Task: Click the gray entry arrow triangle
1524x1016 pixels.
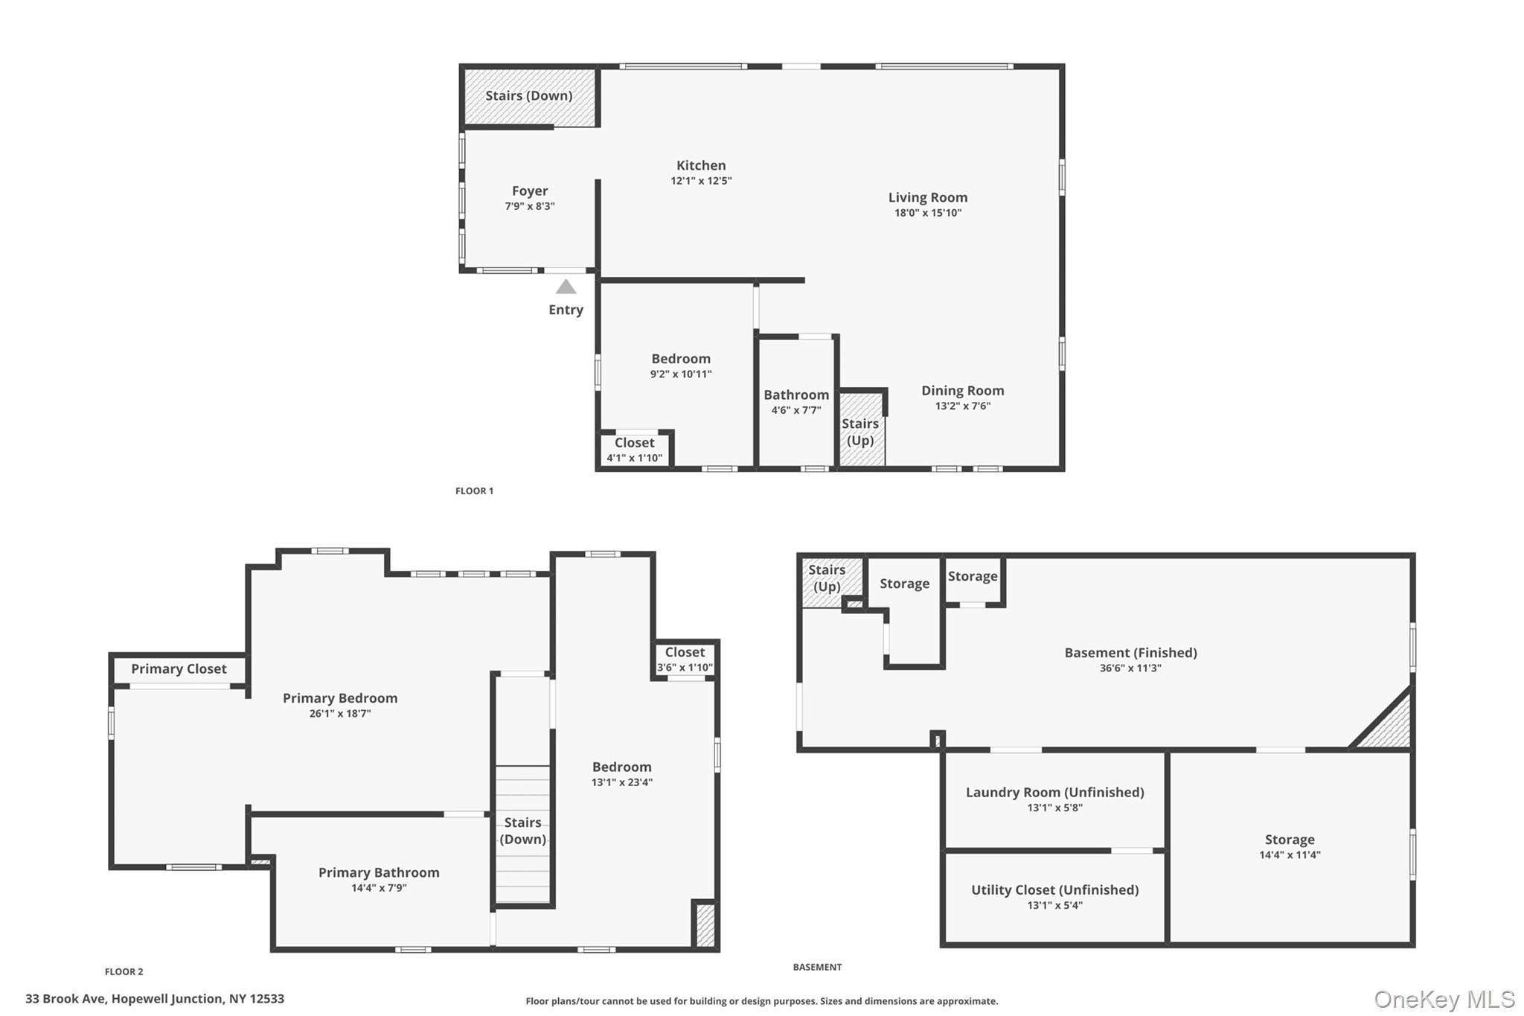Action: point(566,287)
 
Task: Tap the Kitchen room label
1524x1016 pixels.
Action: point(701,166)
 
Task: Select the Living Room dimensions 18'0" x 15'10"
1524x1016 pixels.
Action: point(928,213)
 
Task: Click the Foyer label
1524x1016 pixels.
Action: point(529,191)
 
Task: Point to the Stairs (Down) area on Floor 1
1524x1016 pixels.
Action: point(529,96)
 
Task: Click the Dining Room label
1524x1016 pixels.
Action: point(962,391)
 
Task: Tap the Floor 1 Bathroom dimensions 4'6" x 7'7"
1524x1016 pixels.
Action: point(795,410)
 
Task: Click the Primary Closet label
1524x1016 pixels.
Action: point(179,669)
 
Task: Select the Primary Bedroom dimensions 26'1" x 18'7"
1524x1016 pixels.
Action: point(339,713)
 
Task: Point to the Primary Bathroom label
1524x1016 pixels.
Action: point(379,872)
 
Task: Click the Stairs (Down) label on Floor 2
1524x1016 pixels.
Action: point(522,831)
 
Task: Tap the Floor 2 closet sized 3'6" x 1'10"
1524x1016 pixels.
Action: point(685,660)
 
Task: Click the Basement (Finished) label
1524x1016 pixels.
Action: point(1130,653)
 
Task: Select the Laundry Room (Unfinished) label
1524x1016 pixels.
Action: point(1054,792)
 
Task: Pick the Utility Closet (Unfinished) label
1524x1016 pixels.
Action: point(1054,889)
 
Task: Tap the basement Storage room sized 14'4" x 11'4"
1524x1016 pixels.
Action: point(1289,847)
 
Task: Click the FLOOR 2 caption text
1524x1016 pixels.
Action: point(124,971)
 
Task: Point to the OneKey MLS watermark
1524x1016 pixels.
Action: point(1444,999)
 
